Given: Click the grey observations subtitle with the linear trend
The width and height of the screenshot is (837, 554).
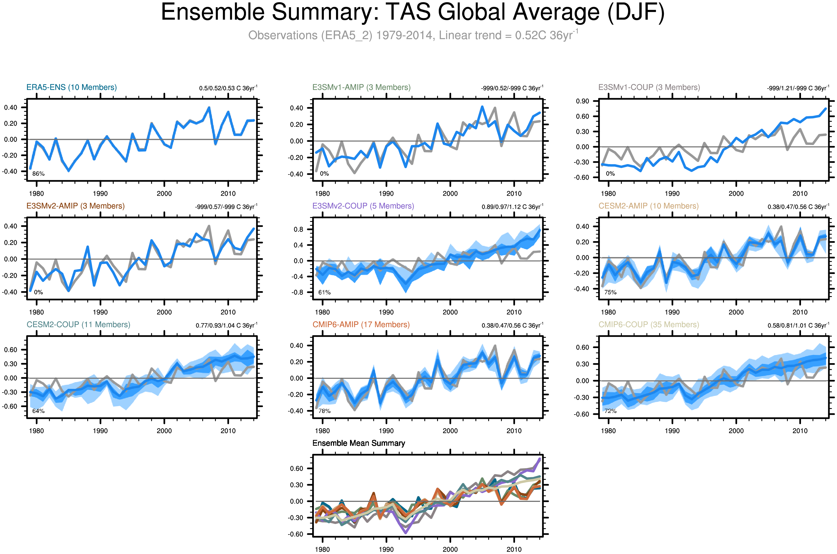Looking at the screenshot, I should point(413,35).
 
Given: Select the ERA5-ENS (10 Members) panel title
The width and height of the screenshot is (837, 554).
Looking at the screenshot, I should point(71,87).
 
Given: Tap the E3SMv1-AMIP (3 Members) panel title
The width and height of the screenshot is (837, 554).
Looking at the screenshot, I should point(361,87).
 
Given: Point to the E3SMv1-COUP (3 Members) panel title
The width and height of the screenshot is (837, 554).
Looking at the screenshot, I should point(649,87).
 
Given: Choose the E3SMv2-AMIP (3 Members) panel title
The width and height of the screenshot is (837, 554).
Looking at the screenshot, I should point(75,206).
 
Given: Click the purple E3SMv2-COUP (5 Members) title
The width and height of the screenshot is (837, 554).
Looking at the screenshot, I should point(363,206).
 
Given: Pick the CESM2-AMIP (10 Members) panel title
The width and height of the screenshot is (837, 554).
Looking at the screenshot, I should point(648,206).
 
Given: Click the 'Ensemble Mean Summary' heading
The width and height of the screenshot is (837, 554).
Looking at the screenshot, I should point(359,443).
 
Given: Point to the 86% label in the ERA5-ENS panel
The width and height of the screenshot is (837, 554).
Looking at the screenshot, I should point(38,174).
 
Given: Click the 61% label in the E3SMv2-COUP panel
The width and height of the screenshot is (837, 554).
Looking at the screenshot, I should point(324,292).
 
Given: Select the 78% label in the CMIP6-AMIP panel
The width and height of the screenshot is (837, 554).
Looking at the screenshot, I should point(324,411).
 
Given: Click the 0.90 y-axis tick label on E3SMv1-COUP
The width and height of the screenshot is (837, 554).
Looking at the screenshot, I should point(582,101).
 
